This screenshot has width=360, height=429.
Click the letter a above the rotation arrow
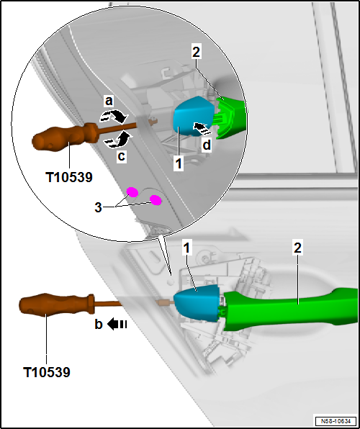(109, 101)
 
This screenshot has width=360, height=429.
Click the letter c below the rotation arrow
(121, 156)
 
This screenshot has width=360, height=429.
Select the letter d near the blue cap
(207, 145)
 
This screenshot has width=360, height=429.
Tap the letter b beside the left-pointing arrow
(99, 325)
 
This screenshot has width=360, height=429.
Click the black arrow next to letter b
(117, 325)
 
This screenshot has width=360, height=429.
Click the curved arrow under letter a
(114, 117)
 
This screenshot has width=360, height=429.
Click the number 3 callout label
(98, 207)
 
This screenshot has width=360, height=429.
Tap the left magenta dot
(132, 192)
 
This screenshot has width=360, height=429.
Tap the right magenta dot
(156, 200)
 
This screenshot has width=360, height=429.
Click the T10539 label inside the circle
(69, 178)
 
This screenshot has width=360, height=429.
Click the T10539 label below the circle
(47, 372)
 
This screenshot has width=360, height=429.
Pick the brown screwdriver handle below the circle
(57, 305)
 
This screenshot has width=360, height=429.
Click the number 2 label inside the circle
(196, 53)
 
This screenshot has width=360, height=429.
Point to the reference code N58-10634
(336, 420)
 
